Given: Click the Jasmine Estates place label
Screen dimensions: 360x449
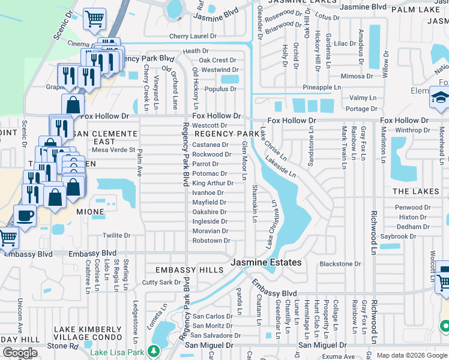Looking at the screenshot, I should coord(267,263).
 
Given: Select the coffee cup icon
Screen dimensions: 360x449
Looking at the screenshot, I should coord(25,215).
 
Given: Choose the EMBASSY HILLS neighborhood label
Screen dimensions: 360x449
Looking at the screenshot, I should coord(189,270).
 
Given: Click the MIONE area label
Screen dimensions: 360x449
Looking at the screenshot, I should coord(89,212).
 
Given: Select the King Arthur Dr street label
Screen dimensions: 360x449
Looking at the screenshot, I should coord(212,183).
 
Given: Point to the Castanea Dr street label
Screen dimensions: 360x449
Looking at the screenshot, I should coord(210,145).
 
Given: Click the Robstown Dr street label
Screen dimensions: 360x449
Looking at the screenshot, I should coord(211,241).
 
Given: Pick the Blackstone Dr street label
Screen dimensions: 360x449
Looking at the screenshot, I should coord(340,263).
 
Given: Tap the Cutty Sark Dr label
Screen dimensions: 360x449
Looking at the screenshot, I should coord(161,282).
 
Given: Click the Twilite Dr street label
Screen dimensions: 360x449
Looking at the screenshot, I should coord(116,236).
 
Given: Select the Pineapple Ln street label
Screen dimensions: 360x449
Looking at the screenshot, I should coord(321,87).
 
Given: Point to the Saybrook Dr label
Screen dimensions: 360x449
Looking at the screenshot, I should coord(397,236).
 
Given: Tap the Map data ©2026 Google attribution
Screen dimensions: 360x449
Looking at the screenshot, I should coord(411,355).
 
